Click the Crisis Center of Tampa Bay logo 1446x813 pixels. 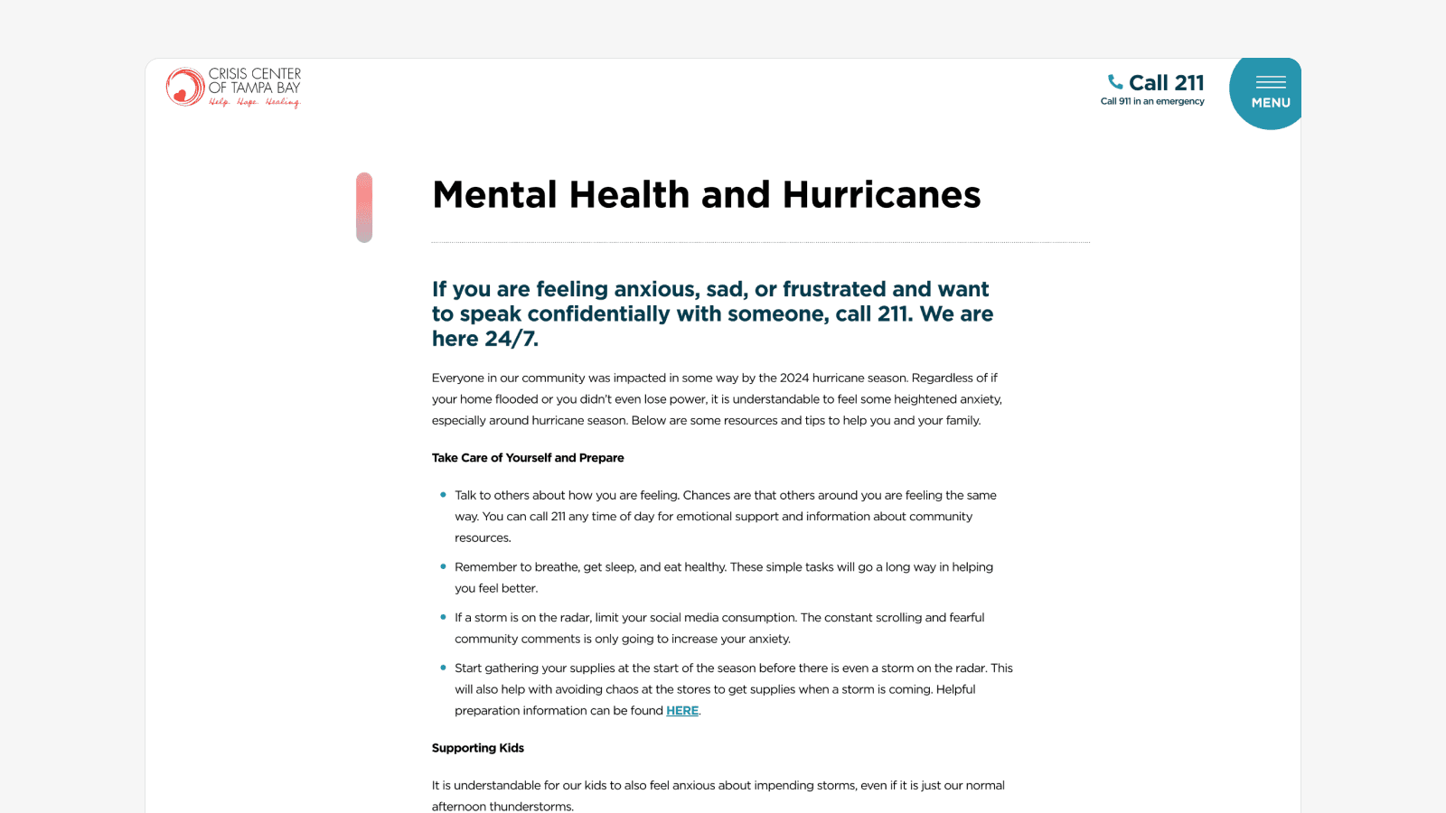(233, 88)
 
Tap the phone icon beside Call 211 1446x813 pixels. (1115, 82)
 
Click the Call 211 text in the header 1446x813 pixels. (1166, 83)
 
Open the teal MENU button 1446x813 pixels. (1269, 93)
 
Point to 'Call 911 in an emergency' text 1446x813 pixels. (1152, 102)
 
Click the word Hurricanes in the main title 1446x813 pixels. (881, 195)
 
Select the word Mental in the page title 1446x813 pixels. (493, 195)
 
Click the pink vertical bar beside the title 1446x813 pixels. (364, 207)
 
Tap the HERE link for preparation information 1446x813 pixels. (682, 711)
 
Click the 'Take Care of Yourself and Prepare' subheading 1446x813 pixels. (528, 458)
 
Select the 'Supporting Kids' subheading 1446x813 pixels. (477, 748)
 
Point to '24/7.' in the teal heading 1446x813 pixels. (512, 339)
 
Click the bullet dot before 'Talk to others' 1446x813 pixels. (443, 495)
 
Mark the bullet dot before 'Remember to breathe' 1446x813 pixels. (443, 566)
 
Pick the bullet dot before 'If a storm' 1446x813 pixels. (443, 617)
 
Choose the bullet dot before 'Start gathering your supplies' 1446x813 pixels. (443, 668)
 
